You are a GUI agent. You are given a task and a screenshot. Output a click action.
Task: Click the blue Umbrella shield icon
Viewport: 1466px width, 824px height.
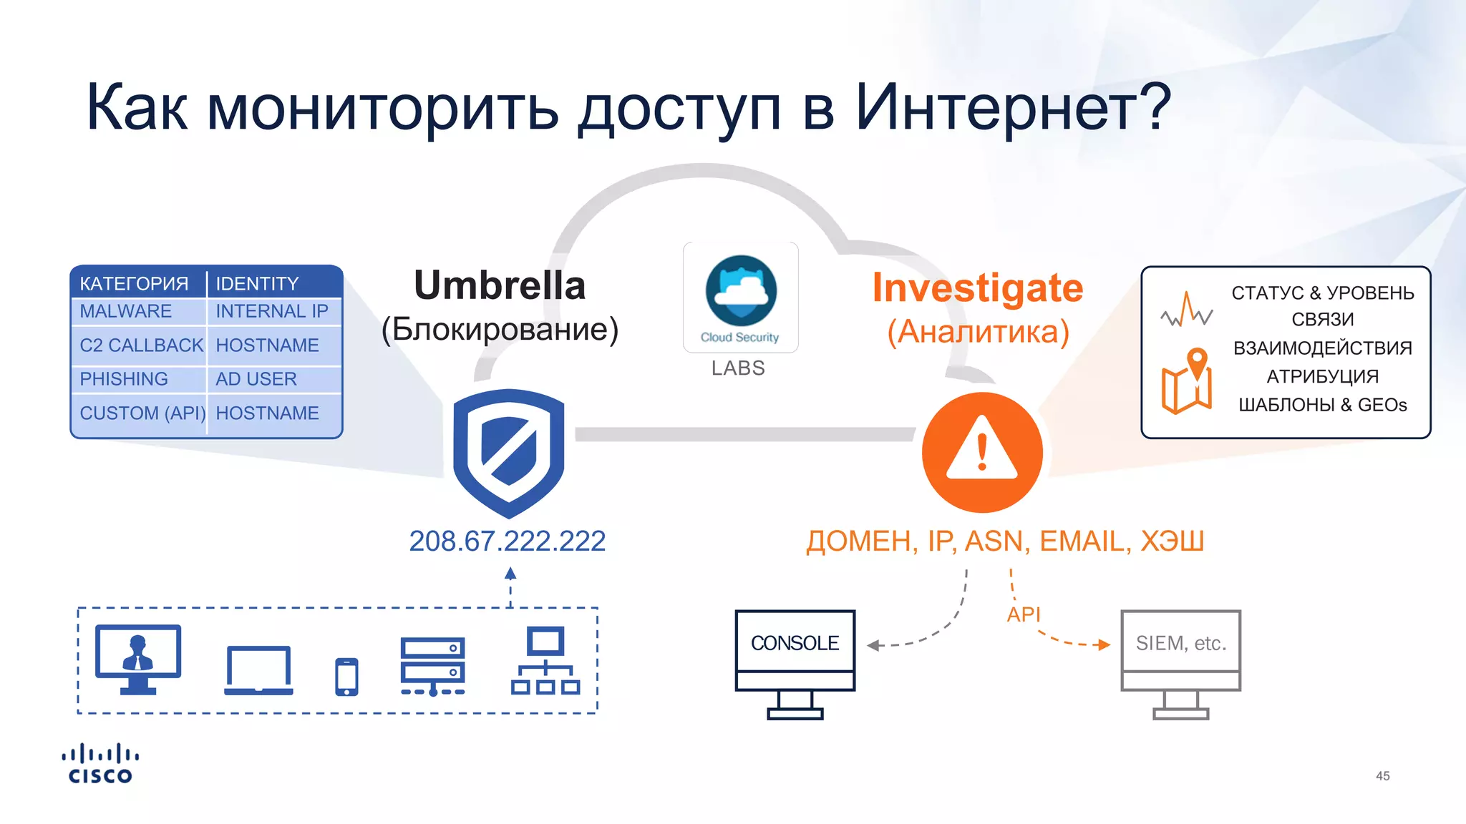coord(509,452)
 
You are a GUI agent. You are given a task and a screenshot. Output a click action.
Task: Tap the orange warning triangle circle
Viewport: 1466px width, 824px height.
coord(982,452)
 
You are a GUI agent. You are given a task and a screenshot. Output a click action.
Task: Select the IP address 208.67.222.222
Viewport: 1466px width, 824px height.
coord(507,541)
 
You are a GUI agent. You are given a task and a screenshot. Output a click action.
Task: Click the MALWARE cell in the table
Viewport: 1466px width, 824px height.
coord(126,311)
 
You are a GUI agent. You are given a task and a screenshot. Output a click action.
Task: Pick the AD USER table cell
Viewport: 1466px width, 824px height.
coord(256,379)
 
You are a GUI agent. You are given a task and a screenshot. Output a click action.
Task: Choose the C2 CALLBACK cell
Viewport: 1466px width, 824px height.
coord(141,345)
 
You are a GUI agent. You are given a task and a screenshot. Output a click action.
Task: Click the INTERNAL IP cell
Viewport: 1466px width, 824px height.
coord(272,311)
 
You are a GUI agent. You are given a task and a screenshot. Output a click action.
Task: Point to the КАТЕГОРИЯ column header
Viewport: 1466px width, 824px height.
coord(134,284)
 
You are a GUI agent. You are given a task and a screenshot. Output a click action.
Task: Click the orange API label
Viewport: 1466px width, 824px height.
coord(1024,614)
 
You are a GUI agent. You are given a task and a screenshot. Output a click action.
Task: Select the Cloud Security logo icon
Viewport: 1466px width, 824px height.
coord(741,291)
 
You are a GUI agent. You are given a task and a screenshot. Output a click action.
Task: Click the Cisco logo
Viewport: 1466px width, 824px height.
coord(100,764)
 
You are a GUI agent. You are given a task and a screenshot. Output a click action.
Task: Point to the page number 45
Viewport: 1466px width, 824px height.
coord(1382,776)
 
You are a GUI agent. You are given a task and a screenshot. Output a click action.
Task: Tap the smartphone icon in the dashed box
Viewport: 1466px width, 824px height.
coord(346,677)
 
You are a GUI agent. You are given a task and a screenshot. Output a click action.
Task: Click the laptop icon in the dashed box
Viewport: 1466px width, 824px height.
coord(258,671)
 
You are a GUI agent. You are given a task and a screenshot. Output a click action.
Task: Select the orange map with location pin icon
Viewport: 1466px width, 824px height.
coord(1187,382)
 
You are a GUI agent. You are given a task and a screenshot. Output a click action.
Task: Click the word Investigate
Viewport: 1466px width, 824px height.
coord(977,288)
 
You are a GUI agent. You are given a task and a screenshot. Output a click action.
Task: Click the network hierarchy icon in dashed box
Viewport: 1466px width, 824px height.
coord(545,661)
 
